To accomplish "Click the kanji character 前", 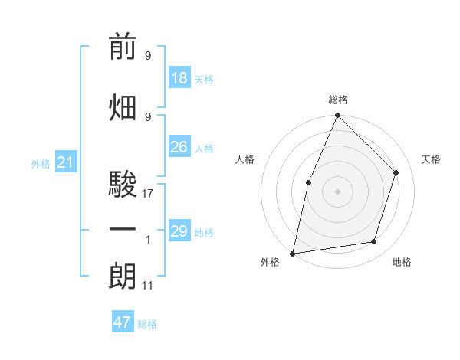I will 123,48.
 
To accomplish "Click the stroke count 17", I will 148,194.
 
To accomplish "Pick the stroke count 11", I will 148,286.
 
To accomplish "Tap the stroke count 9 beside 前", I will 148,56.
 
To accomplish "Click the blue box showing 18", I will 179,78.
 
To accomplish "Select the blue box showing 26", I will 179,147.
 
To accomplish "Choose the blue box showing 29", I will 179,231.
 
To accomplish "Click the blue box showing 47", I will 123,322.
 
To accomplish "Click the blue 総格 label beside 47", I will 147,324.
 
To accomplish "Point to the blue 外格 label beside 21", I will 41,164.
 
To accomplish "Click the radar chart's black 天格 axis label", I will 432,159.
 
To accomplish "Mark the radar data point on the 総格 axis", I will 337,116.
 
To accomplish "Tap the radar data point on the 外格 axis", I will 293,253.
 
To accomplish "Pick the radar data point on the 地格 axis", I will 374,242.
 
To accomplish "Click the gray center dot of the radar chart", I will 337,191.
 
